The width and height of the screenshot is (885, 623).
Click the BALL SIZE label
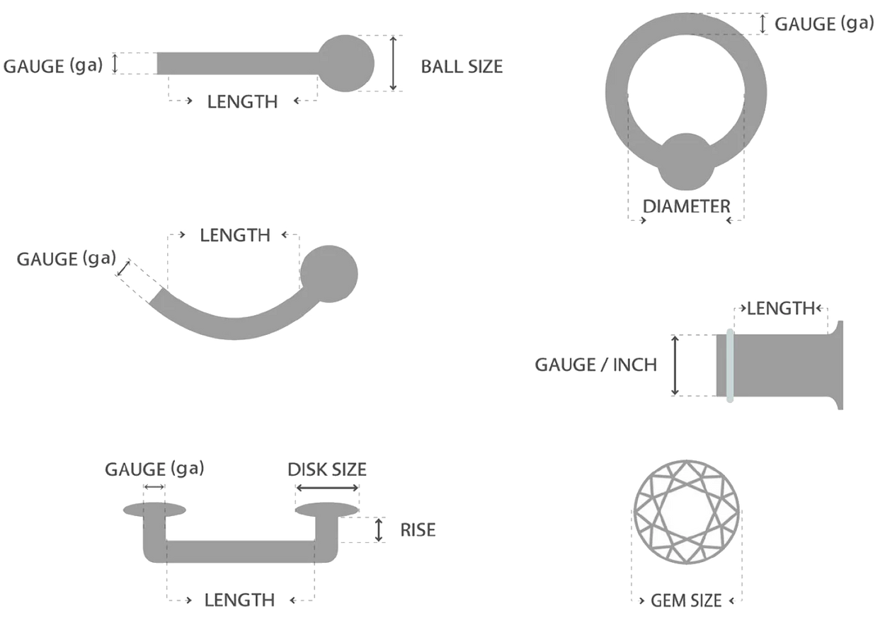462,67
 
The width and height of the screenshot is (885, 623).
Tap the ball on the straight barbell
346,63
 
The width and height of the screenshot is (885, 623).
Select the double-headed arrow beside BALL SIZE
393,63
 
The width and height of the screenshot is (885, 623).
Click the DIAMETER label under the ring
686,206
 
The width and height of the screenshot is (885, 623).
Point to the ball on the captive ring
686,161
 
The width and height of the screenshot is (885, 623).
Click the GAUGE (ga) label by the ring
824,23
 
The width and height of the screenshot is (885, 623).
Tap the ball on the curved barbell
329,274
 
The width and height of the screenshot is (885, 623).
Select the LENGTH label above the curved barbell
235,235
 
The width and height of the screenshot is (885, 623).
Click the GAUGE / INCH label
596,365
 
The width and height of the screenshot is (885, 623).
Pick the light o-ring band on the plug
730,365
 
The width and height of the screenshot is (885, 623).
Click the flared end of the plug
837,365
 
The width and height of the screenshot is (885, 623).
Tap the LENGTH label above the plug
781,308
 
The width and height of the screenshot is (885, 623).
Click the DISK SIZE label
327,469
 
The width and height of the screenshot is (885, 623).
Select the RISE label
418,530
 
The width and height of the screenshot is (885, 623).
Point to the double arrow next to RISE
379,530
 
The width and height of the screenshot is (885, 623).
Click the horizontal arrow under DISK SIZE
327,488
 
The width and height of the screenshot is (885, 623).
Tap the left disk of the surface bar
154,510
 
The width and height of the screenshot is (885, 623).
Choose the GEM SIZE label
686,600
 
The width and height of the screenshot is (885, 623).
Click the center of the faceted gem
687,512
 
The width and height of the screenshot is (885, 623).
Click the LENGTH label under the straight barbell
243,101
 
